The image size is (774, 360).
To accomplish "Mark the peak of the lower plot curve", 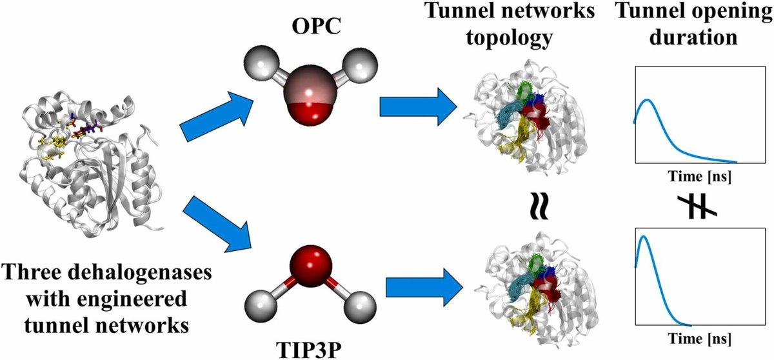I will pos(643,236).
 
